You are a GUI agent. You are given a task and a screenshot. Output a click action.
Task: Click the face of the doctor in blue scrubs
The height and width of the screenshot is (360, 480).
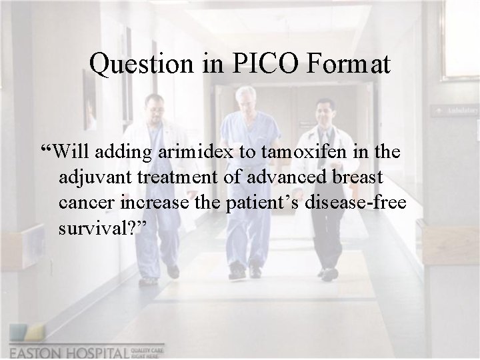pos(245,97)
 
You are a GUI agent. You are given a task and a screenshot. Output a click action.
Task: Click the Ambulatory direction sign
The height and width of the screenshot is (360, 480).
pos(455,110)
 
